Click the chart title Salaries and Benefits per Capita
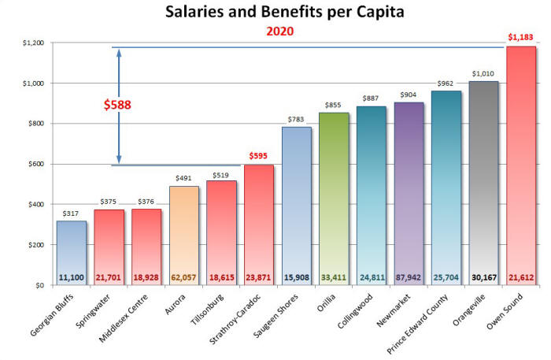[x=275, y=13]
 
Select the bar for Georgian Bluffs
[x=72, y=252]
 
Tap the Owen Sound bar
[x=521, y=165]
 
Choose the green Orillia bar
[x=334, y=197]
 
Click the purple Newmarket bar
[x=409, y=189]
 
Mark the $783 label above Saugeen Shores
[x=297, y=119]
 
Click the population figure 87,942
[x=409, y=277]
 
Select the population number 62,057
[x=184, y=277]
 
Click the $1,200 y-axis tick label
[x=29, y=43]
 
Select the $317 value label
[x=72, y=213]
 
